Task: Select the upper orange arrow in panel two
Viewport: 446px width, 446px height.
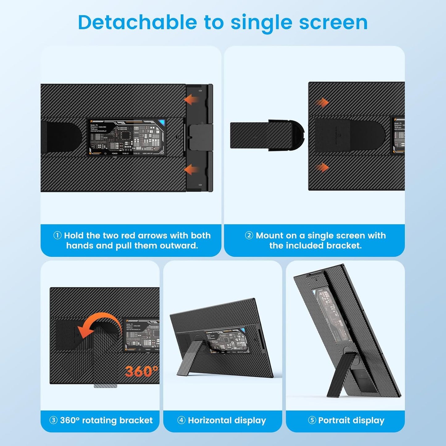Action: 322,102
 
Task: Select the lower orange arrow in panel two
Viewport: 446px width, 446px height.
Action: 322,168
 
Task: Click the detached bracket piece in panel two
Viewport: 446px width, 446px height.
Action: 265,135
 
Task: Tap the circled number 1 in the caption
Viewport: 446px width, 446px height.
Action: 57,236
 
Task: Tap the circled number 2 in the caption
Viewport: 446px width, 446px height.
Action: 249,236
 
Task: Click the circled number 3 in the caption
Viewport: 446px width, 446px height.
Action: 53,420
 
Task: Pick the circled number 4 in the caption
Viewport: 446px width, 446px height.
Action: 181,420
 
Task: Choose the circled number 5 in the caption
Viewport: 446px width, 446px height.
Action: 312,420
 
